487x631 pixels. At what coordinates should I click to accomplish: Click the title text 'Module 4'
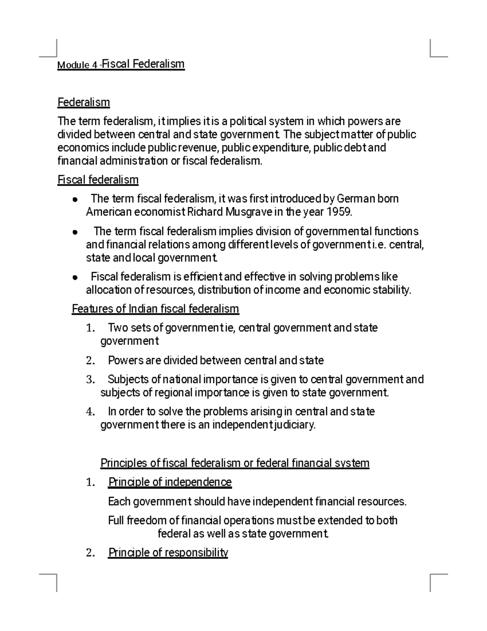pos(77,65)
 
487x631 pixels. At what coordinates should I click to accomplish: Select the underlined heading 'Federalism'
pos(84,102)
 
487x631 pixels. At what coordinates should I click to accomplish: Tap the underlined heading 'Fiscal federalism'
pos(98,180)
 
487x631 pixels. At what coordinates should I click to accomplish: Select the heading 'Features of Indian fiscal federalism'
pos(155,309)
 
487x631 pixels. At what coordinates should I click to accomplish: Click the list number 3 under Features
pos(90,380)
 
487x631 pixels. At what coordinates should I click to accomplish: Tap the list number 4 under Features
pos(90,412)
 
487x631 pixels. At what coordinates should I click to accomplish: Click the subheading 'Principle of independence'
pos(170,482)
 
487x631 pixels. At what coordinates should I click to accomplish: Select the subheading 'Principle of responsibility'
pos(168,553)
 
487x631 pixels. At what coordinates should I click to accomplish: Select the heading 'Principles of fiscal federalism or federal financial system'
pos(235,463)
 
